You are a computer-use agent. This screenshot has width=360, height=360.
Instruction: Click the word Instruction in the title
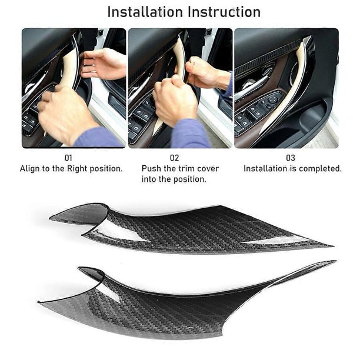(224, 12)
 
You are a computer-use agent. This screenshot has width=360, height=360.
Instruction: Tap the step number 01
(68, 158)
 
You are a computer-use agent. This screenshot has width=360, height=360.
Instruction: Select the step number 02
(174, 158)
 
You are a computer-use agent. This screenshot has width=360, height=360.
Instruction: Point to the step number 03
(291, 158)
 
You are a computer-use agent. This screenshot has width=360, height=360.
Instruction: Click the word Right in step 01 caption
(77, 169)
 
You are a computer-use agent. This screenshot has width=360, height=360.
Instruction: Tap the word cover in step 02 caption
(208, 169)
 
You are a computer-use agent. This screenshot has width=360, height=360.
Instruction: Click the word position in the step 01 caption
(106, 169)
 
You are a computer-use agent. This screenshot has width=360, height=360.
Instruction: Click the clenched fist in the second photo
(175, 101)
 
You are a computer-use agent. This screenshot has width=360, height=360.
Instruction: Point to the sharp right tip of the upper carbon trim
(334, 246)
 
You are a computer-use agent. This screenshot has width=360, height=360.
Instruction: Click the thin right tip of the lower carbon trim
(336, 261)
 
